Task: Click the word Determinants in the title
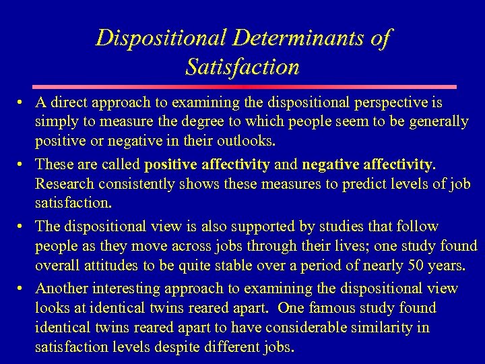286,37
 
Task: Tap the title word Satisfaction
242,67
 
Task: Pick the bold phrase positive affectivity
207,164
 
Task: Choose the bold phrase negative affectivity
368,164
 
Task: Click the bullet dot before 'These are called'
22,164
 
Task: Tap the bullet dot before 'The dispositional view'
22,226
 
